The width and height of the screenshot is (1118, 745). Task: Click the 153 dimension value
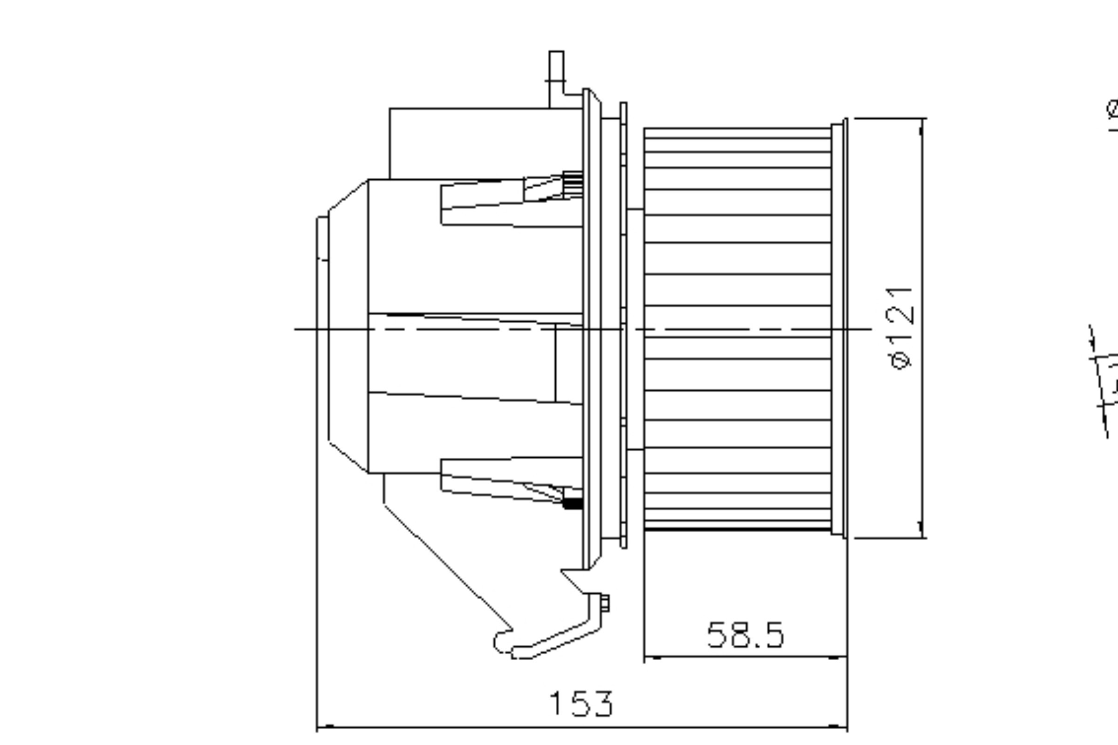tap(581, 704)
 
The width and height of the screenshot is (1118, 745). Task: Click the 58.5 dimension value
tap(745, 635)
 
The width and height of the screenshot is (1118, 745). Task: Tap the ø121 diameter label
tap(900, 328)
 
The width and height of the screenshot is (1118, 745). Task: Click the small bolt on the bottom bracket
tap(605, 603)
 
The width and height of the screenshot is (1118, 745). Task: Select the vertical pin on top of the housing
tap(556, 78)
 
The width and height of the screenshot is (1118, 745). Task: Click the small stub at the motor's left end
tap(322, 238)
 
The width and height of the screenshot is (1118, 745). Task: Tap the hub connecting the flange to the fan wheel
tap(635, 328)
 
